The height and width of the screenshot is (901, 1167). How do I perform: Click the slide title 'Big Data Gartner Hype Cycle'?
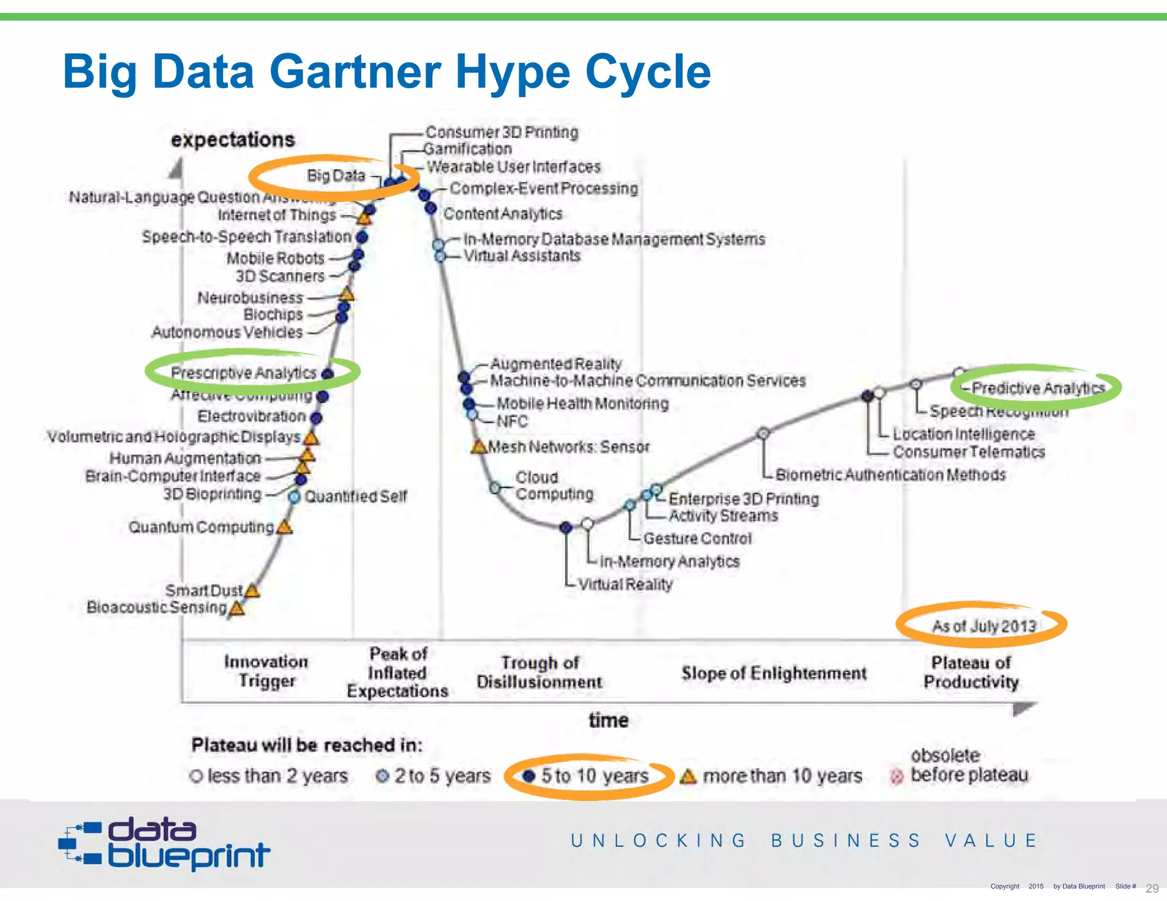pos(386,72)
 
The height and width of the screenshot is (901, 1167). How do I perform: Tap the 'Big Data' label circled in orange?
pos(336,175)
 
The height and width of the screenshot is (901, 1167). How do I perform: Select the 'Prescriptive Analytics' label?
pos(243,372)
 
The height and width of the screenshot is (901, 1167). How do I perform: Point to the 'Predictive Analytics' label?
pos(1038,388)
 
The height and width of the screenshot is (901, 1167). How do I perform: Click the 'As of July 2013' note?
pos(984,626)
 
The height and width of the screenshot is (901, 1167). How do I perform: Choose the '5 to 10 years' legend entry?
pos(594,776)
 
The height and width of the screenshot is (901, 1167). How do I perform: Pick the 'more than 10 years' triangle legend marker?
pos(688,776)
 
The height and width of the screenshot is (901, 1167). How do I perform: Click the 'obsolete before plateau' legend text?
pos(969,765)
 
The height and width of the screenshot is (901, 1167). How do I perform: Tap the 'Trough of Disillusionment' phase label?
pos(539,672)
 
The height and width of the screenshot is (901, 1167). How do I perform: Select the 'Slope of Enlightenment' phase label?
pos(774,673)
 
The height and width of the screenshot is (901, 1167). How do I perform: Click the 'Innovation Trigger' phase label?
pos(266,671)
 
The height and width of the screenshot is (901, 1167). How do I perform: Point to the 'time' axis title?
pos(608,720)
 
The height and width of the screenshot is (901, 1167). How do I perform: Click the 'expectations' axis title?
pos(233,140)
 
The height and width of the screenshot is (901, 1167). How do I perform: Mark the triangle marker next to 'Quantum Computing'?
pos(284,527)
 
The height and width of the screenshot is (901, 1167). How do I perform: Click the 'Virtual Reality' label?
pos(625,584)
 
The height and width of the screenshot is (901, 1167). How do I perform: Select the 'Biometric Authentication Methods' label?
pos(890,474)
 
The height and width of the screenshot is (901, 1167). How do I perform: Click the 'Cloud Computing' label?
pos(554,485)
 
